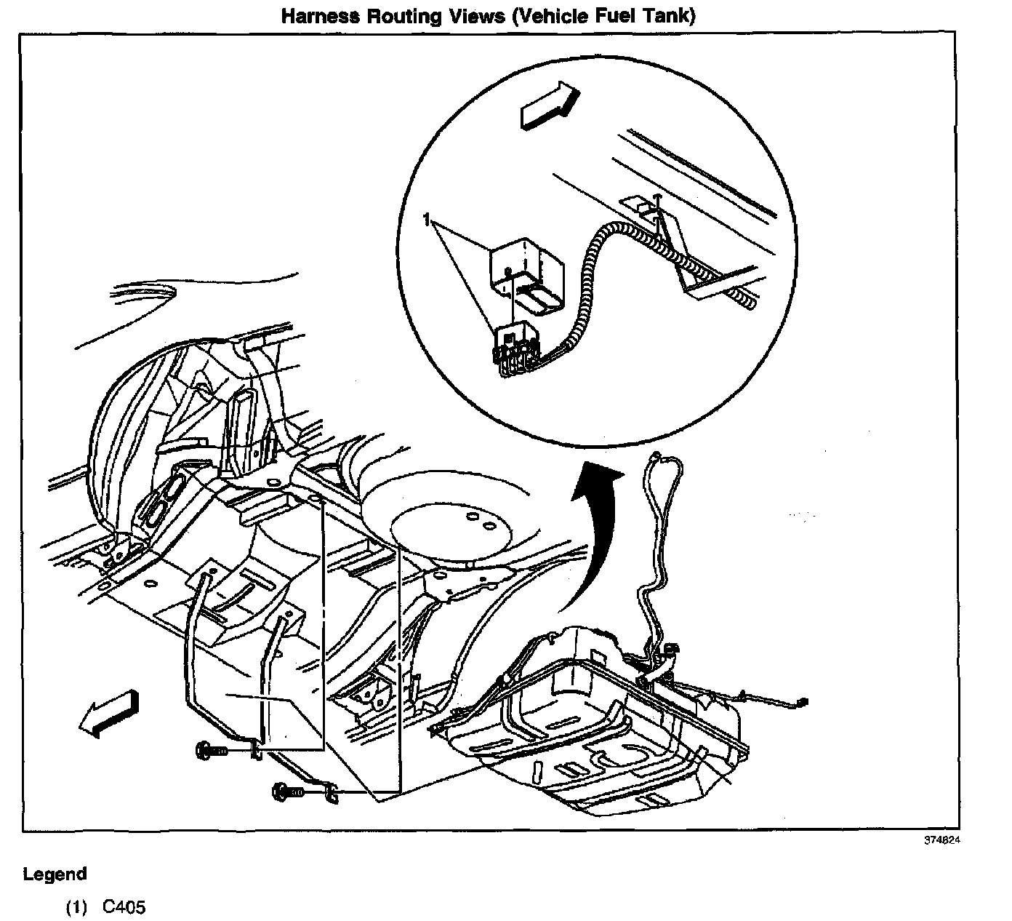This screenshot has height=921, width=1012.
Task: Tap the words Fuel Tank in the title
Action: (635, 16)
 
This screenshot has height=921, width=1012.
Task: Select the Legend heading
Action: (55, 874)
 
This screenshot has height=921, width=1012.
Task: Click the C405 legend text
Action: (124, 907)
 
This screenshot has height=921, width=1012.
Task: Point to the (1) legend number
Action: (76, 907)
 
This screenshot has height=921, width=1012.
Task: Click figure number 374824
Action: (942, 840)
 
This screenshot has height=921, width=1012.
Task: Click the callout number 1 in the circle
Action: (429, 218)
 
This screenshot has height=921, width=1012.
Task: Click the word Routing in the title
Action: (408, 16)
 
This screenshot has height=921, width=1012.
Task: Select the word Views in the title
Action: (480, 16)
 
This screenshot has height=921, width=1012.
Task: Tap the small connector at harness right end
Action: (802, 702)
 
